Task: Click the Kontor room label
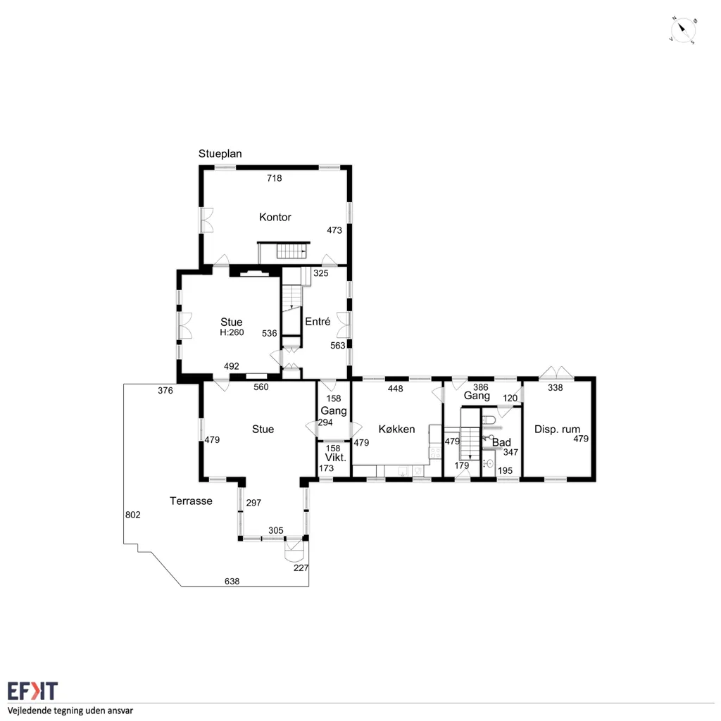point(275,217)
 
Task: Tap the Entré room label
point(318,321)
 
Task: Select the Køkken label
point(397,429)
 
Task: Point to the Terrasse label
point(191,501)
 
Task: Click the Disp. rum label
point(557,430)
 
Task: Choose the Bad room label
point(501,442)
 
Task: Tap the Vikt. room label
point(335,458)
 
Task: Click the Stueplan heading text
point(220,153)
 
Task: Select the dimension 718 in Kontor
point(275,178)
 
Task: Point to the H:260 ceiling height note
point(232,332)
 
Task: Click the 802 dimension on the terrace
point(133,515)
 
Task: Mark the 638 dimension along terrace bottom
point(232,581)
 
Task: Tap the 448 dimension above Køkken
point(396,389)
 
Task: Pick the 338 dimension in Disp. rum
point(556,388)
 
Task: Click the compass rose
point(683,31)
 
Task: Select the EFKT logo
point(32,691)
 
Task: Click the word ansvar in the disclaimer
point(119,711)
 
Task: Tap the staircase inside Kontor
point(291,251)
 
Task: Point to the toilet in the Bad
point(489,420)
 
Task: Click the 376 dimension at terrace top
point(165,390)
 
